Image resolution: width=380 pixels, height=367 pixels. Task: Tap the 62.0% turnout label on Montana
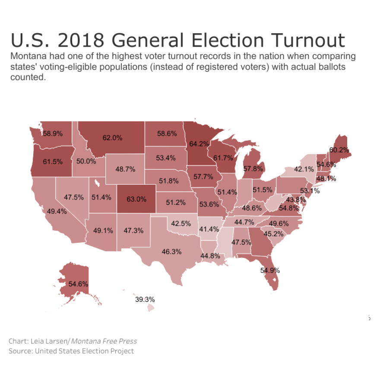pos(112,138)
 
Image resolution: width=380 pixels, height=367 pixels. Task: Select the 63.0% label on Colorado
pos(136,199)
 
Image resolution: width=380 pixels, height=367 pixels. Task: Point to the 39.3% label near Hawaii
pos(145,299)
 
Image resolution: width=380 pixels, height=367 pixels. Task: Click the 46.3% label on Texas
pos(171,251)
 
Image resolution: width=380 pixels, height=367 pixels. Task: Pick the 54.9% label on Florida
pos(270,271)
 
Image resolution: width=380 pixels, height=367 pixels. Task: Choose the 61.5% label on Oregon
pos(53,161)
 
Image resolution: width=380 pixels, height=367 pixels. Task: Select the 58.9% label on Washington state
pos(53,133)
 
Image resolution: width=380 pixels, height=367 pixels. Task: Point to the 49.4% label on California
pos(57,212)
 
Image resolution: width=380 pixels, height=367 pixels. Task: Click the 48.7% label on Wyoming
pos(125,169)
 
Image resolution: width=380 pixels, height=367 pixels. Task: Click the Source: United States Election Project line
pos(71,351)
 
